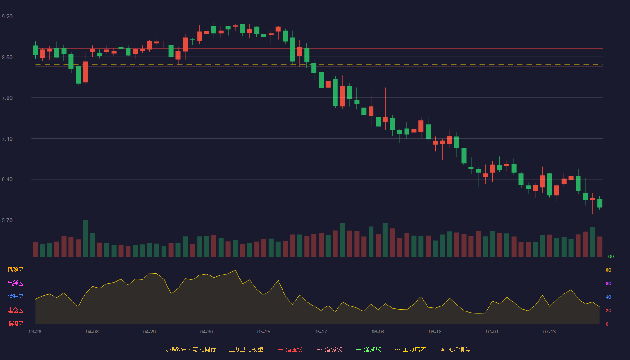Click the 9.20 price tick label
(7, 17)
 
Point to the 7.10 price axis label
(7, 139)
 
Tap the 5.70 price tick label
(7, 220)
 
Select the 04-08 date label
(92, 332)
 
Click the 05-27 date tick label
(320, 332)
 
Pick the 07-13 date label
(549, 332)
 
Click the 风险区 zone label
(15, 270)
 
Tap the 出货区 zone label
(15, 283)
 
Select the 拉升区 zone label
(15, 297)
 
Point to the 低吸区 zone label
(15, 324)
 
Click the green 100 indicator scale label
(610, 256)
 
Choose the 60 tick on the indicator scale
(608, 283)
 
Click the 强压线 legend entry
(290, 349)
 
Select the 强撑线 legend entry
(369, 349)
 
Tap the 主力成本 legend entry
(410, 349)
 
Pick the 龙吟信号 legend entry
(455, 349)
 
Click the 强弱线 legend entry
(329, 349)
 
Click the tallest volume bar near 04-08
(85, 238)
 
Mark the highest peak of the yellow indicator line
(235, 270)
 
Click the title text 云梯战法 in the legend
(175, 349)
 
